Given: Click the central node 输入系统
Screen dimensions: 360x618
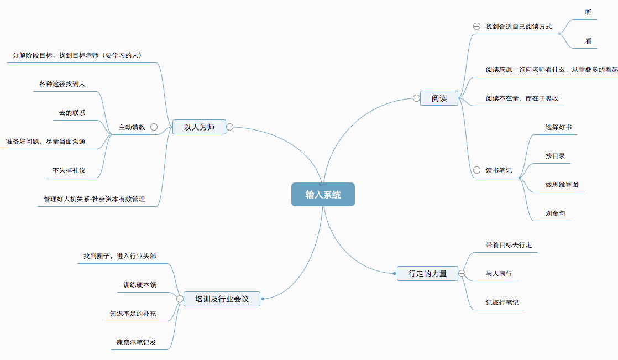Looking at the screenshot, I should click(323, 195).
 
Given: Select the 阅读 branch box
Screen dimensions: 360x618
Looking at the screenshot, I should click(439, 98).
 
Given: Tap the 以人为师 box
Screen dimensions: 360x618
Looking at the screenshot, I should click(199, 127).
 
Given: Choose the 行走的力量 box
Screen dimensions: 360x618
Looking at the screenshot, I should click(427, 273).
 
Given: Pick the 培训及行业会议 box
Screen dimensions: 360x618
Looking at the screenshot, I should click(222, 299).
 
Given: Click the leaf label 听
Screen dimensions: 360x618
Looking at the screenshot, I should click(588, 12).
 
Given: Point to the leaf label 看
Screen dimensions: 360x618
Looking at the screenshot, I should click(588, 41).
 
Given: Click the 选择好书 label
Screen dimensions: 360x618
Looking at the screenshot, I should click(558, 127).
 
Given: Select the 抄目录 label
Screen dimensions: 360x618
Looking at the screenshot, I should click(555, 156).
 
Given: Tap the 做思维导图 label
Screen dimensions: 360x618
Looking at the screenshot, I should click(562, 185).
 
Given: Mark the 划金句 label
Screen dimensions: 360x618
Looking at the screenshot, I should click(555, 213).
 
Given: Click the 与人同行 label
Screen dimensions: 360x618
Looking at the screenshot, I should click(499, 274).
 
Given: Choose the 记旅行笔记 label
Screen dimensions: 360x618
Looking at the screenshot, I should click(502, 302).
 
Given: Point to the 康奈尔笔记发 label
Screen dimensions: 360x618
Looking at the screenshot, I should click(136, 342).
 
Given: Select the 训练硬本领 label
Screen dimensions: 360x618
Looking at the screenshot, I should click(139, 285).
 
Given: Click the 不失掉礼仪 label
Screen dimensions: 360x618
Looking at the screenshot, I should click(69, 170).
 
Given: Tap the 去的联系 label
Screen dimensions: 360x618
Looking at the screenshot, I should click(72, 113).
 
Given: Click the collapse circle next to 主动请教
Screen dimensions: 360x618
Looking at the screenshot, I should click(154, 127).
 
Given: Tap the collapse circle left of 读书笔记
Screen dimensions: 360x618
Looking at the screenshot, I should click(476, 170).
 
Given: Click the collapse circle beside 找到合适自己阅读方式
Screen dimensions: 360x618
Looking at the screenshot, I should click(476, 27).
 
